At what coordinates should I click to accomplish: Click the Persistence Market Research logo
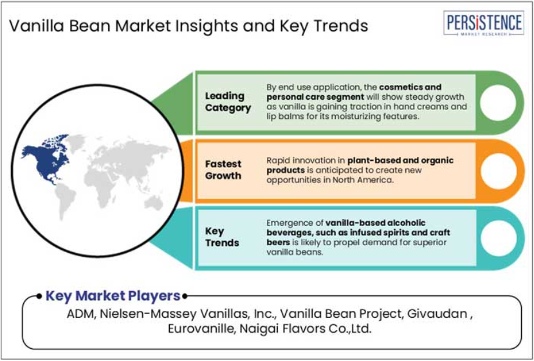click(484, 23)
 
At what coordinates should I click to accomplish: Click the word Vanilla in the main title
click(36, 26)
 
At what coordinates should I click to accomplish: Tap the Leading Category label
click(228, 102)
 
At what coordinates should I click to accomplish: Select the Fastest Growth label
click(223, 170)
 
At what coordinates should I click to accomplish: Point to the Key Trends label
click(222, 237)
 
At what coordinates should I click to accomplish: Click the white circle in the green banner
click(498, 102)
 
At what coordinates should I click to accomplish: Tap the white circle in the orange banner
click(498, 171)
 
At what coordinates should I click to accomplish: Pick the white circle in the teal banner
click(498, 237)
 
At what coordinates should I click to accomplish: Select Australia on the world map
click(154, 203)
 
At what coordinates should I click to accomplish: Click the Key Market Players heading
click(113, 295)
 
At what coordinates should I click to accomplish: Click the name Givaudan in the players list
click(437, 313)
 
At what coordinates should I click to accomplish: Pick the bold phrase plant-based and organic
click(400, 160)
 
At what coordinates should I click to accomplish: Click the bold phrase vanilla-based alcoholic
click(376, 223)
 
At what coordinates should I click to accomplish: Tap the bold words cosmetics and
click(410, 87)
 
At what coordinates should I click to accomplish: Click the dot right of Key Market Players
click(185, 296)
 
